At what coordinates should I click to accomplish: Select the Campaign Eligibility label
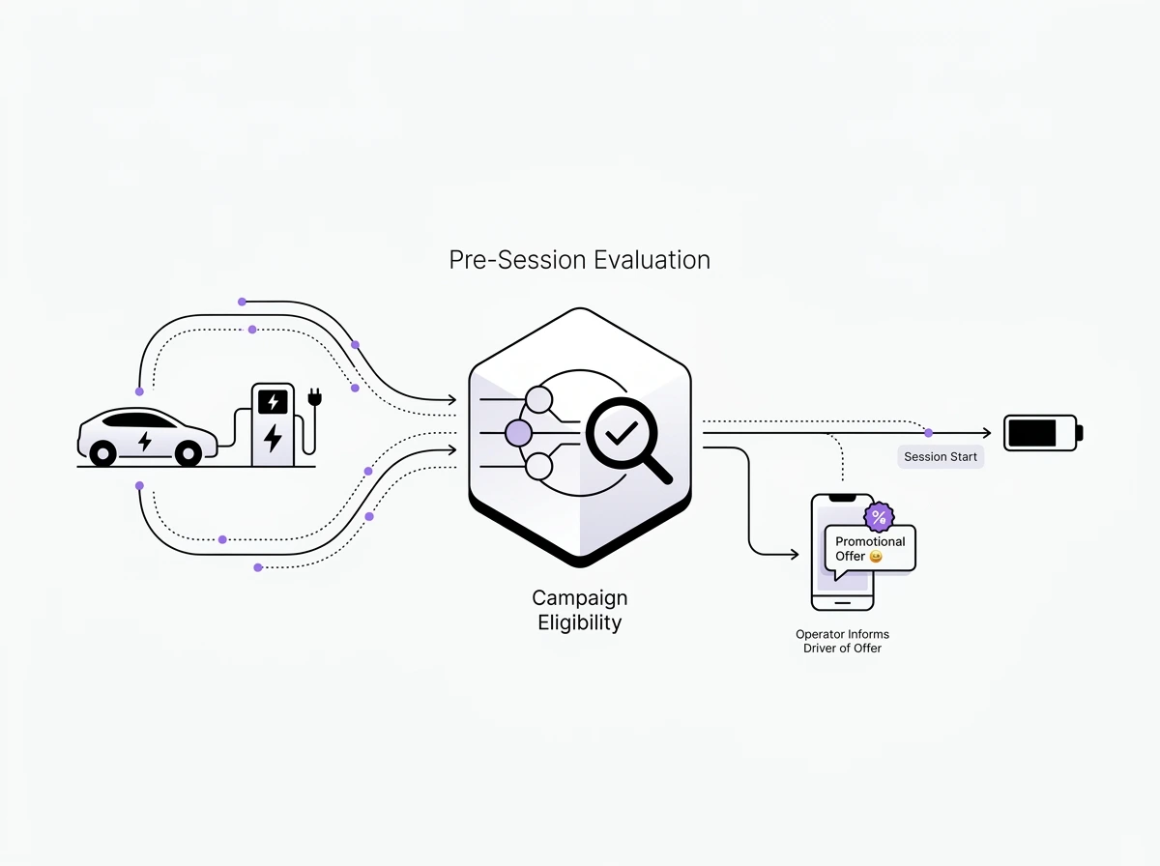(x=579, y=610)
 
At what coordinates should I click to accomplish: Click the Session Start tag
(x=940, y=456)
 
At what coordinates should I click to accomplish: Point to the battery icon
(x=1042, y=432)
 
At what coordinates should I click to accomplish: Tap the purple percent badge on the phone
(x=879, y=517)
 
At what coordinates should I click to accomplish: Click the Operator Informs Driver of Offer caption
(x=842, y=641)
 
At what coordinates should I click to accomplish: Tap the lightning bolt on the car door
(x=145, y=442)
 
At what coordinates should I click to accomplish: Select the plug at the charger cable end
(x=313, y=397)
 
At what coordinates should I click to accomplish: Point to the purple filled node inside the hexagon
(x=519, y=433)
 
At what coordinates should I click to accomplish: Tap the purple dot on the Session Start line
(x=928, y=432)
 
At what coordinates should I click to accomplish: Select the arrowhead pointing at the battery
(x=987, y=432)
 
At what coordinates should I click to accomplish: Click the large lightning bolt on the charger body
(x=273, y=438)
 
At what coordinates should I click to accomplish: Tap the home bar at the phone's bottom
(x=842, y=600)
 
